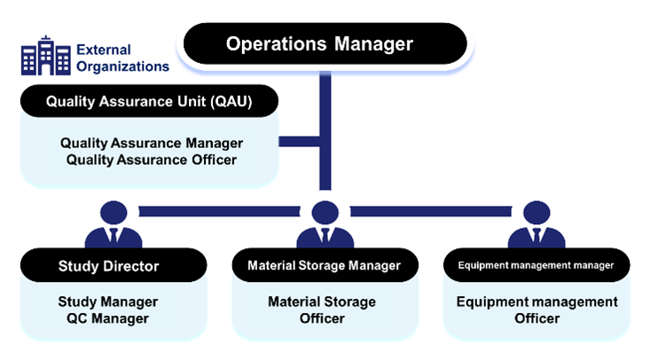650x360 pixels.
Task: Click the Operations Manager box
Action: [325, 43]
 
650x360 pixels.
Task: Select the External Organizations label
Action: [121, 57]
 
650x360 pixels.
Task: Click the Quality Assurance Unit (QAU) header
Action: [149, 101]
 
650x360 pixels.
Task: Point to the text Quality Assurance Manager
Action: [152, 142]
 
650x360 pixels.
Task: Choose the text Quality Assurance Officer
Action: [152, 159]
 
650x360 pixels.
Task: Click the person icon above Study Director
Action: [113, 226]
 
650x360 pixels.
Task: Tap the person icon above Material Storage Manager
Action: [324, 226]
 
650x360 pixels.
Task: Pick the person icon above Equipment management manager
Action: [535, 226]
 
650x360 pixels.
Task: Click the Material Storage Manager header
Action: [324, 265]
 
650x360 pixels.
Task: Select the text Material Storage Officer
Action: [322, 310]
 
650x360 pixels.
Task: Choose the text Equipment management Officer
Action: [537, 310]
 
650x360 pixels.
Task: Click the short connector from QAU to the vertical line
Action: [299, 142]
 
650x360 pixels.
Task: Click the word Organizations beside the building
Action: [121, 66]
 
